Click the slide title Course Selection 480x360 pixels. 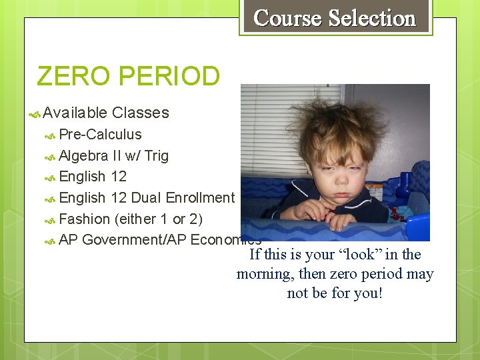(x=335, y=18)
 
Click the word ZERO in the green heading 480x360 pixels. (x=72, y=76)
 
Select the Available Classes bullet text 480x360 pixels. (x=106, y=113)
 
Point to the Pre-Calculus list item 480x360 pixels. (x=100, y=134)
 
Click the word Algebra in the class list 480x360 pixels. (x=83, y=155)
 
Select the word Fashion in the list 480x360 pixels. (x=84, y=219)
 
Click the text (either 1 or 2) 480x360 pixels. (x=159, y=219)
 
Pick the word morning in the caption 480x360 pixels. (x=264, y=274)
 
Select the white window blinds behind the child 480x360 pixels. (x=273, y=127)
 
